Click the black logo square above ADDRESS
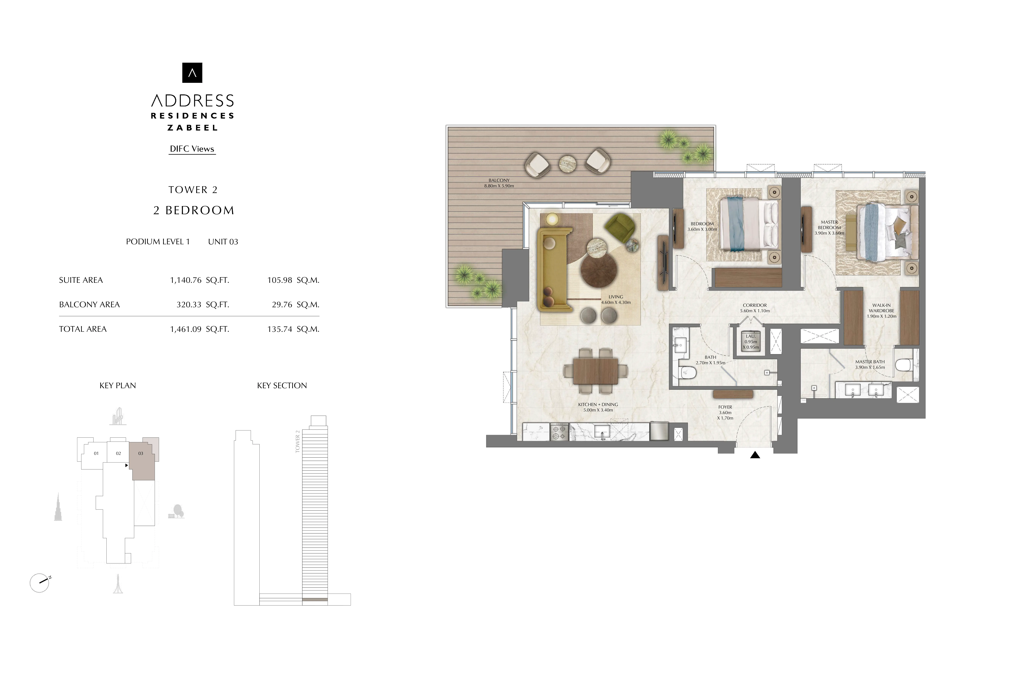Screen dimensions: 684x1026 [x=192, y=73]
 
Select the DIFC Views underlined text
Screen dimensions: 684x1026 [x=192, y=149]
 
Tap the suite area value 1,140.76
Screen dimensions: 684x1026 [x=186, y=280]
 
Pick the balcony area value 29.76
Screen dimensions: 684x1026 [x=282, y=304]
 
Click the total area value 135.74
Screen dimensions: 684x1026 [x=279, y=329]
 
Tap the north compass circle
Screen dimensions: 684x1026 [x=39, y=583]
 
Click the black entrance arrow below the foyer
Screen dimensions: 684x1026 [x=755, y=455]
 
